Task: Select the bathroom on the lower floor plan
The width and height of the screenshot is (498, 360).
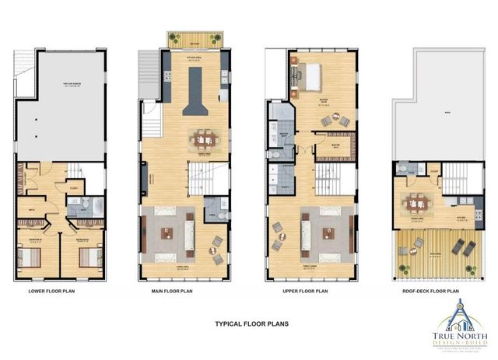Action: tap(79, 206)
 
